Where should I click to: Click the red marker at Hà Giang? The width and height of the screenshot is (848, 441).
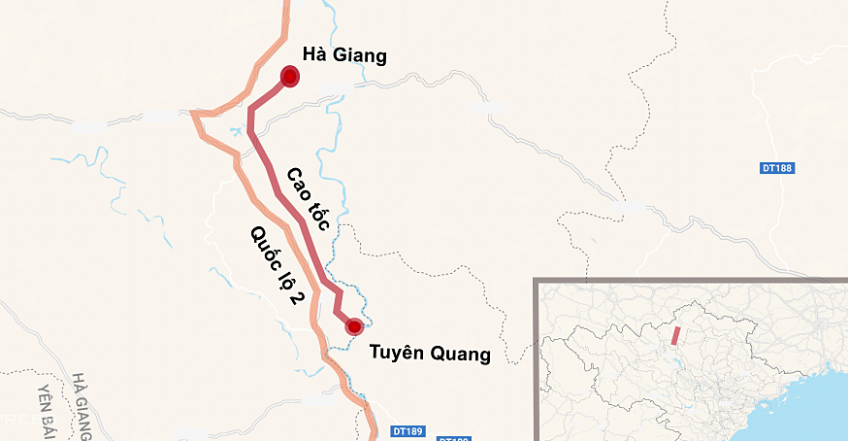289,77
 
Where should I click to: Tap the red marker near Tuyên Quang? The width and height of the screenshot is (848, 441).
354,326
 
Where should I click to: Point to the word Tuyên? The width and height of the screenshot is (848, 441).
396,354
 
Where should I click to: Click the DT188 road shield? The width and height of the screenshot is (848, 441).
777,168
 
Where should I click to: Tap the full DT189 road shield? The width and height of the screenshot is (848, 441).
408,430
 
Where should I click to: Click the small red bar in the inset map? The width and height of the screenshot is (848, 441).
674,335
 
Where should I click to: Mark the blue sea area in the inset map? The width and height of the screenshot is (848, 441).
815,408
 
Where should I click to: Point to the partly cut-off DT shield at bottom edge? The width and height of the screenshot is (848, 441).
453,438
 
